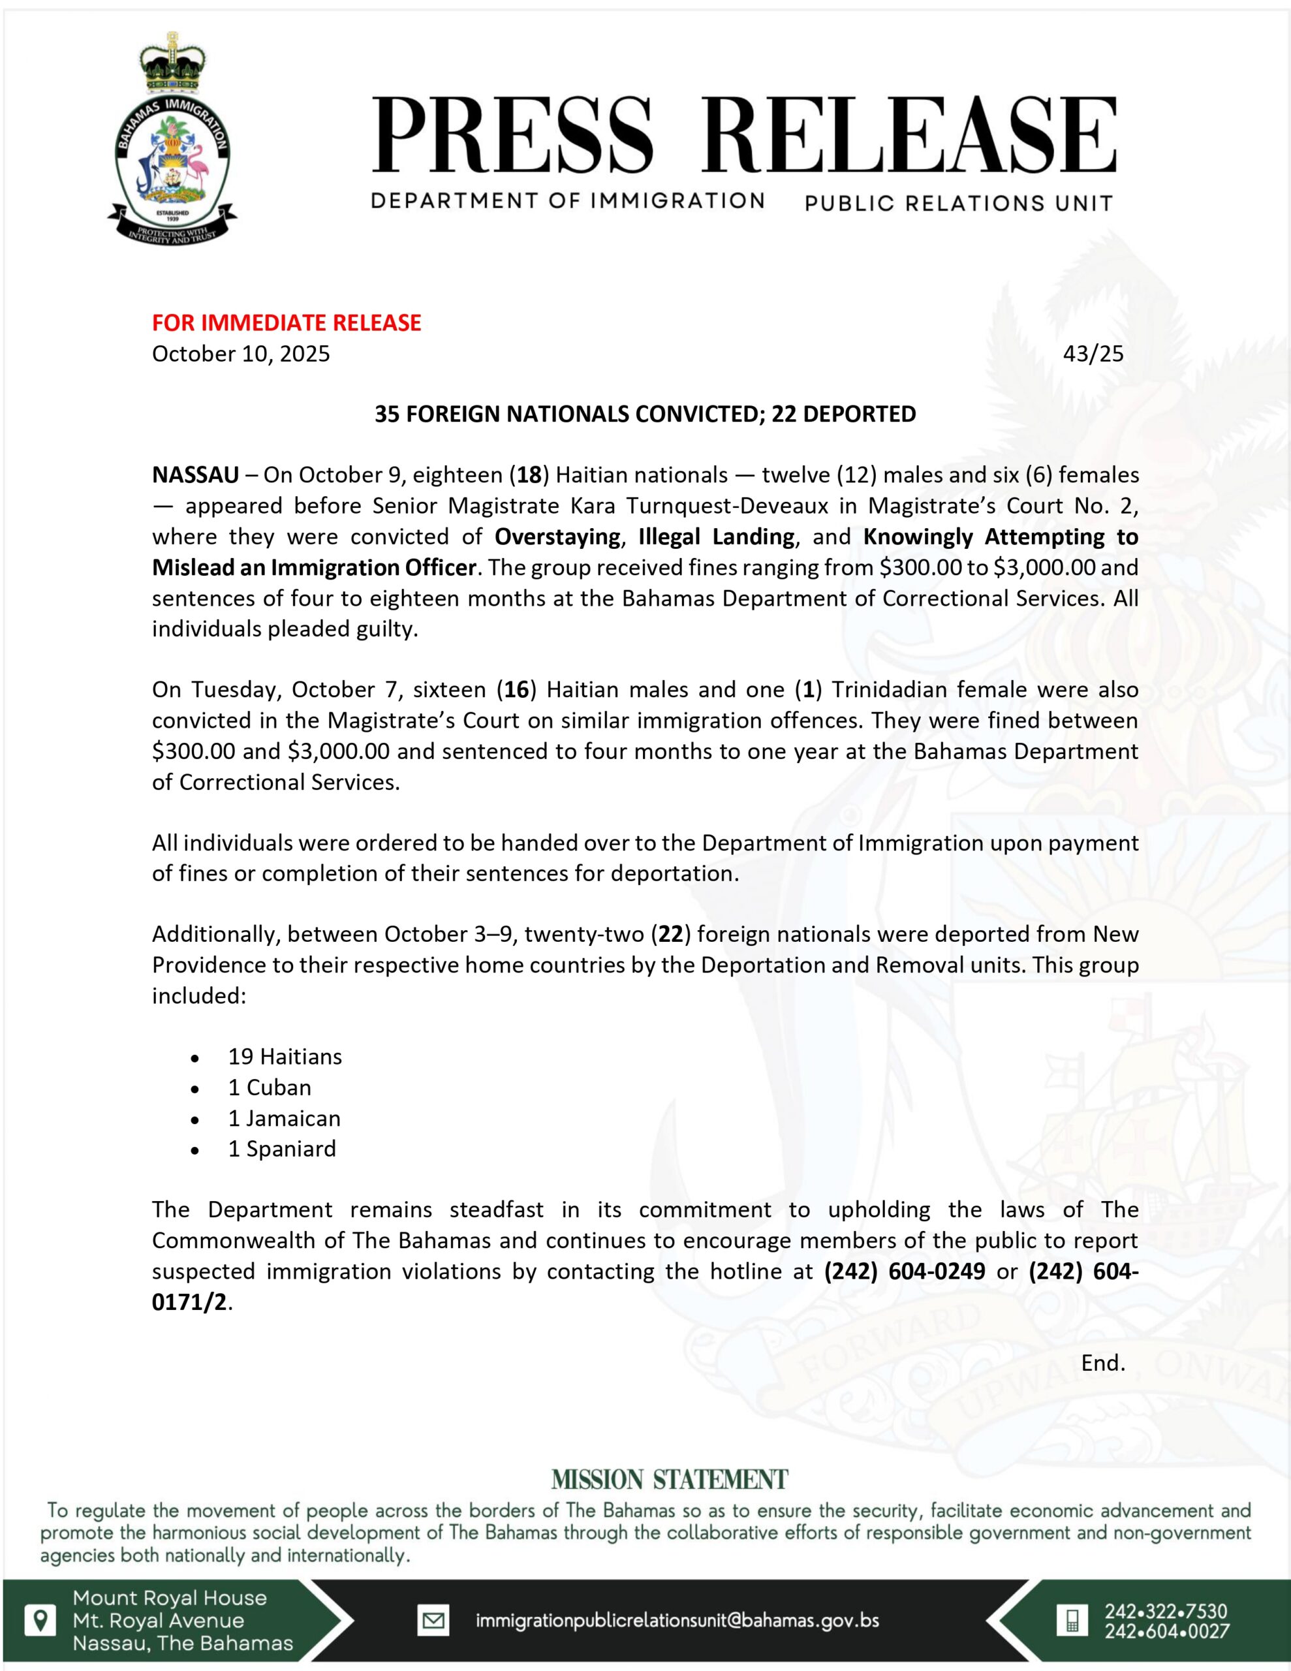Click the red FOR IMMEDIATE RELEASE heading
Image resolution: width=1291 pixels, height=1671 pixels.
[x=287, y=323]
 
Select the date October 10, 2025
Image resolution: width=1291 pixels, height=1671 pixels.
[x=241, y=354]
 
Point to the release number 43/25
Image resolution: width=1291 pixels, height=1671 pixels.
[x=1093, y=354]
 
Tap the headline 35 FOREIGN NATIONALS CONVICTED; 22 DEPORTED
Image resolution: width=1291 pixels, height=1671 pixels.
[x=645, y=414]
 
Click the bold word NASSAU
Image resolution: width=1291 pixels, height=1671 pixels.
[x=195, y=475]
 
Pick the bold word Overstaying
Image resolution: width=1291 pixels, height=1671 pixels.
[x=557, y=537]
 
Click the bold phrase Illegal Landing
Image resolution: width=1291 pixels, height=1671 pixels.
[x=716, y=537]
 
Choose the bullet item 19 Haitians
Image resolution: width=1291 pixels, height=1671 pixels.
[x=285, y=1057]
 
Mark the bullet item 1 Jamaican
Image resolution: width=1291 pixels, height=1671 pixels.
[x=284, y=1118]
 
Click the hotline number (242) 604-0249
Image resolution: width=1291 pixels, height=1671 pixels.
[x=905, y=1271]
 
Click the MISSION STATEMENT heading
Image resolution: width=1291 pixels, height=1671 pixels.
[x=670, y=1480]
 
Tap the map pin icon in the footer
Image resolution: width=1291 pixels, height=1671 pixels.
[x=40, y=1619]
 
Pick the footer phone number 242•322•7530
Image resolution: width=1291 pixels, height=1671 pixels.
[x=1166, y=1612]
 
